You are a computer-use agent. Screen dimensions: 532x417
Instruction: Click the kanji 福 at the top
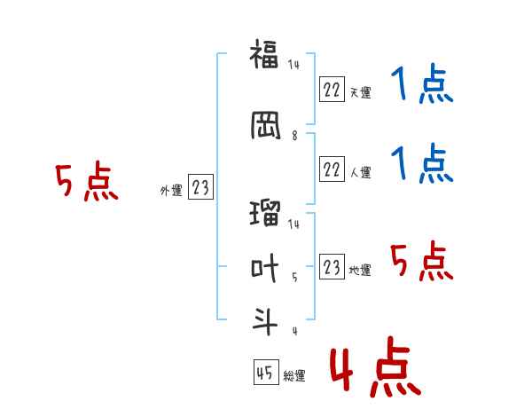tap(264, 54)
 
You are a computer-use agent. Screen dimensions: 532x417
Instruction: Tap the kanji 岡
tap(266, 125)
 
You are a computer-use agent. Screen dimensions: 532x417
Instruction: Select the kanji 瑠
tap(265, 213)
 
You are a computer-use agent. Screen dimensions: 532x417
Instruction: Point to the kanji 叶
tap(264, 268)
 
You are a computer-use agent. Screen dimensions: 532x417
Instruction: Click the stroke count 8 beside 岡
tap(294, 136)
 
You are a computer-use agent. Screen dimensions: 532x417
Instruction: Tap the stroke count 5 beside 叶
tap(294, 278)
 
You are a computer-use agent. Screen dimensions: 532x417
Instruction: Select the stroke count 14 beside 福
tap(293, 65)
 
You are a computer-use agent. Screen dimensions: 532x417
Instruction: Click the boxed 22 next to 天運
tap(332, 90)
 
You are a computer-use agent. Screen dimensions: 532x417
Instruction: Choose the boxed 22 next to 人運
tap(332, 169)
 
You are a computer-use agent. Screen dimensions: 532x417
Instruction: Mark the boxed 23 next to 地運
tap(332, 266)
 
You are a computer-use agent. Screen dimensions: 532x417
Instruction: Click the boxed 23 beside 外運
tap(200, 186)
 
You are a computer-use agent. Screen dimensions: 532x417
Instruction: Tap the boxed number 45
tap(266, 372)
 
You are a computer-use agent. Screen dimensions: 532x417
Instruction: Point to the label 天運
tap(360, 92)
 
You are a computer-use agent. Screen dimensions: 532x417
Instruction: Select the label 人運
tap(360, 172)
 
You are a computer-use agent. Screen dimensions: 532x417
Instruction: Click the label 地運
tap(360, 270)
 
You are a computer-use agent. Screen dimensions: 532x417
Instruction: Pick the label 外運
tap(171, 191)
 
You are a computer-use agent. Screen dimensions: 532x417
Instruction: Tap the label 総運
tap(294, 375)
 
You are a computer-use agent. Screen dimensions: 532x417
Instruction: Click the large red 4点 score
tap(376, 366)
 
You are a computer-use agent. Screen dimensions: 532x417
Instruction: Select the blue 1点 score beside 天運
tap(422, 83)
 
